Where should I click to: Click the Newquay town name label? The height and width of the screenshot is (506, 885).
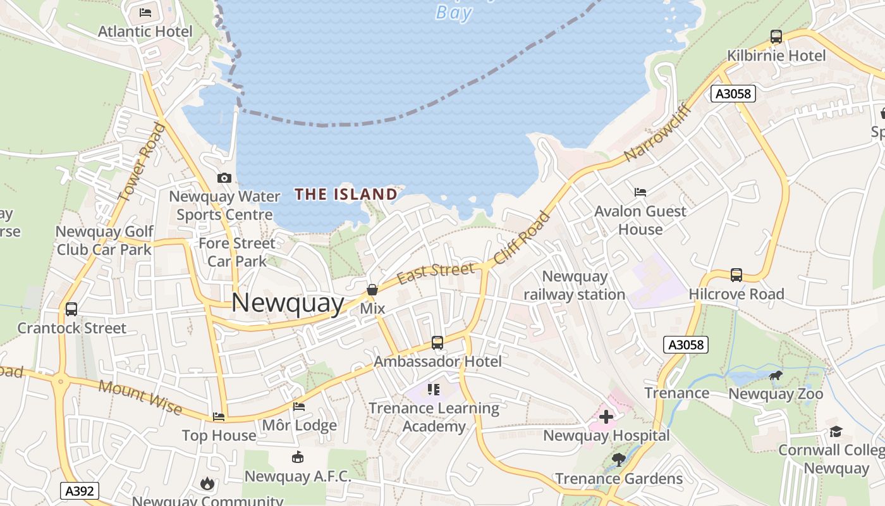288,304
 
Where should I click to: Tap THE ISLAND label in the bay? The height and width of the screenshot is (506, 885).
346,194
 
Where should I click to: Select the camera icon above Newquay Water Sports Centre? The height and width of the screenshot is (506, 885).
224,178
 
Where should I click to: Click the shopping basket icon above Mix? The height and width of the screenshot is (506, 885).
372,290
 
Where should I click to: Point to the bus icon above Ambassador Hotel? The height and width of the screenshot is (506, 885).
437,343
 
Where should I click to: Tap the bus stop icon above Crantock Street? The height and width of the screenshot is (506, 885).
71,309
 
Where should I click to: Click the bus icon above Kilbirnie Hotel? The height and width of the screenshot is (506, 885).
776,37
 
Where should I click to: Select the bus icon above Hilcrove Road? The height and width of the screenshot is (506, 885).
736,275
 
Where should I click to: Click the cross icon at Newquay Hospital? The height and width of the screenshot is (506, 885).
606,417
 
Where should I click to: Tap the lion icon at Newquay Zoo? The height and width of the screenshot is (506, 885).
775,376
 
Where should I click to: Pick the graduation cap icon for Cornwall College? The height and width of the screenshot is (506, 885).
836,432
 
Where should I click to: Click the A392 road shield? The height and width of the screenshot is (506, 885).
80,491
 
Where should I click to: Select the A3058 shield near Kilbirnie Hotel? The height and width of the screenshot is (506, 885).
733,94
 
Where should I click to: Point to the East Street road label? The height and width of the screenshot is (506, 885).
436,273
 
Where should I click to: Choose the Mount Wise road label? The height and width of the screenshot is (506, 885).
140,397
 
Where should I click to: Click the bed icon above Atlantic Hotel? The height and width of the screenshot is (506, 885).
145,13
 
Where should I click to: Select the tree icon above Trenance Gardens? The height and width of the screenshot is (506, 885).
618,459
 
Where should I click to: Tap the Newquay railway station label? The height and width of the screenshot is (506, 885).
574,285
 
